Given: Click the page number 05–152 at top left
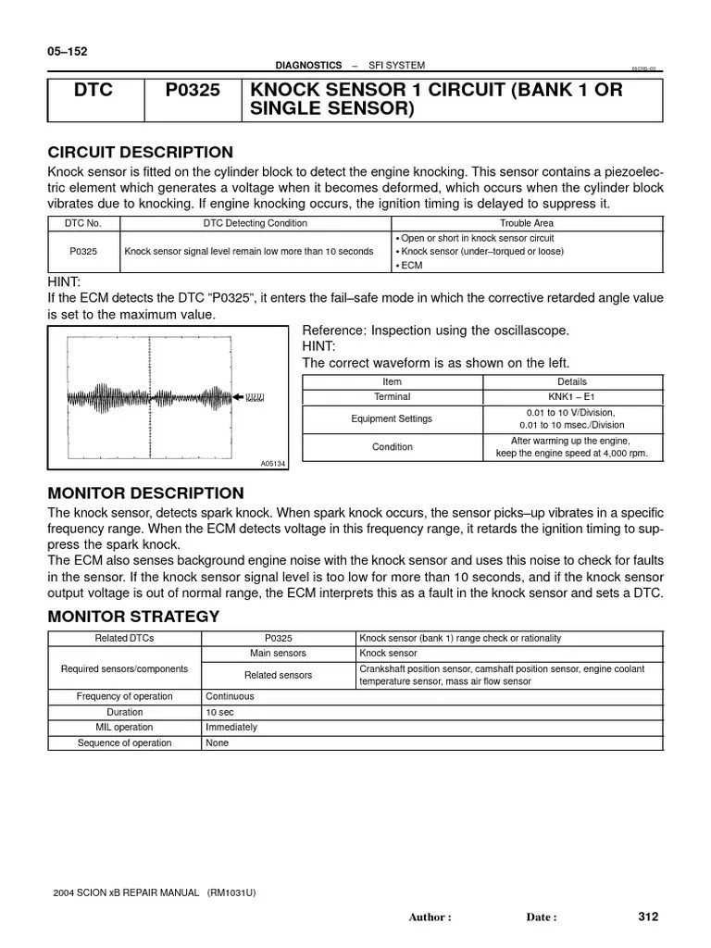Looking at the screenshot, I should pos(68,52).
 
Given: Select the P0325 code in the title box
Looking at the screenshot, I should pos(192,91).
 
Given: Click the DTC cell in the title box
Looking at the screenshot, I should pos(95,91).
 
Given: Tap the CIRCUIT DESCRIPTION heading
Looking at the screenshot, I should pos(140,153).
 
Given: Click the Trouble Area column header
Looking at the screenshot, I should pos(528,223).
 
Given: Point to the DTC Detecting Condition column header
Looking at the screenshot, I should pos(255,223).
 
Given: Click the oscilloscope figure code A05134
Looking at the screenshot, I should pos(272,463).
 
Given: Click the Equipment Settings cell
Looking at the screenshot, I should pos(391,419).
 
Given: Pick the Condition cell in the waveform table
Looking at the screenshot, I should pos(392,447).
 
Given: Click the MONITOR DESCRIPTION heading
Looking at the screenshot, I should pos(145,493).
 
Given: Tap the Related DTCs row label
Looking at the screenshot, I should pos(124,639).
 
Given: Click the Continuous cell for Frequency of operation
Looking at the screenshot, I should pos(230,696).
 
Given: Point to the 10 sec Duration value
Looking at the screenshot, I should pos(221,712).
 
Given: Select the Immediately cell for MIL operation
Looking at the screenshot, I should pos(231,728).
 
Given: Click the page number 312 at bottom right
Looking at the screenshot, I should pos(647,917).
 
